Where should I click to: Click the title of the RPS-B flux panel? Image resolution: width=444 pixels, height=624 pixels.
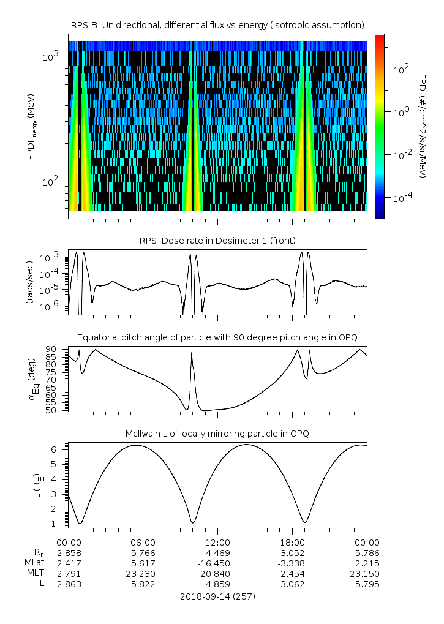tap(217, 24)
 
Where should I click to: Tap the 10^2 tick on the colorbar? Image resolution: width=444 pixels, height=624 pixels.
tap(400, 70)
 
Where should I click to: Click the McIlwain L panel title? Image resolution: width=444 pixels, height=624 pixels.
tap(217, 434)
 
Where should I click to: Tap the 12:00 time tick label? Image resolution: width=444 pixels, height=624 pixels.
tap(217, 542)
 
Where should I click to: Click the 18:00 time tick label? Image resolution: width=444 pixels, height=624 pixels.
tap(292, 542)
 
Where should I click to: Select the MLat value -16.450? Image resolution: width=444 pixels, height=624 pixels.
tap(217, 563)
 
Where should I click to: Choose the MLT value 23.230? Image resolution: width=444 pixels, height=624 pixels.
tap(143, 573)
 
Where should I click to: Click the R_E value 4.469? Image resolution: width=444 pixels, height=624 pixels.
tap(217, 552)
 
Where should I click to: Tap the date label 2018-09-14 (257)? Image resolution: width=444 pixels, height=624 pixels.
tap(217, 596)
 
